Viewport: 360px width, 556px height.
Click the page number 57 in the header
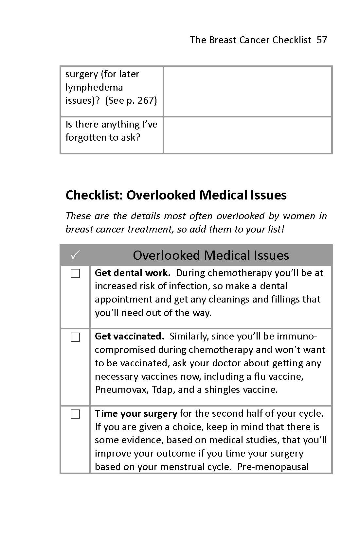click(322, 40)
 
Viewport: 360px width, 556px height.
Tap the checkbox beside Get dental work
click(75, 273)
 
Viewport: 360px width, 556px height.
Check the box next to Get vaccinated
click(75, 337)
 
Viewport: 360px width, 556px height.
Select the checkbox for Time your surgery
click(75, 414)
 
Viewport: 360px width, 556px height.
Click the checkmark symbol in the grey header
click(75, 255)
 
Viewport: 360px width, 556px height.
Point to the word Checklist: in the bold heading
click(94, 195)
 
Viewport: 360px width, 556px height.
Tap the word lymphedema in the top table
click(94, 87)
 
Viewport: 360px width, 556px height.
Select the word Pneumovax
click(121, 390)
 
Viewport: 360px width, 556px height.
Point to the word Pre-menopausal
click(273, 467)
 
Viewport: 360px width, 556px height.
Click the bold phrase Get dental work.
click(132, 273)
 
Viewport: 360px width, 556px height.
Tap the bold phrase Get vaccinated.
click(129, 336)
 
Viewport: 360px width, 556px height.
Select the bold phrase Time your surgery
click(136, 413)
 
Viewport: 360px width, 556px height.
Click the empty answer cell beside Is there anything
click(247, 135)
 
